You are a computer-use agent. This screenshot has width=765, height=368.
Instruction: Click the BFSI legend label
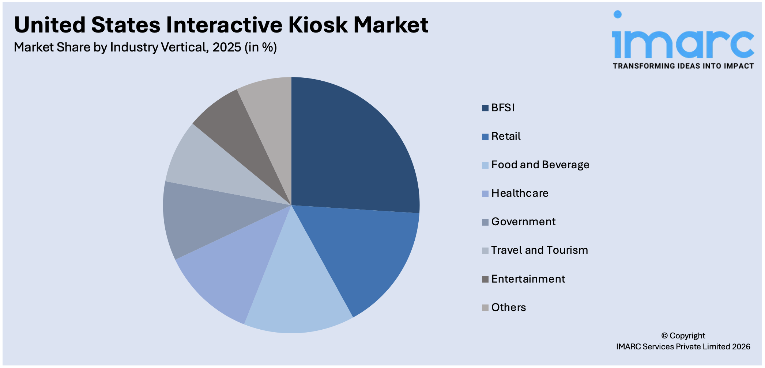(x=503, y=108)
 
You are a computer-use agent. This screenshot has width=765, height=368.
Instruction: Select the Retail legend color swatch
(x=485, y=137)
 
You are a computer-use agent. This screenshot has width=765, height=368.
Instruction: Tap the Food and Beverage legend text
(x=540, y=165)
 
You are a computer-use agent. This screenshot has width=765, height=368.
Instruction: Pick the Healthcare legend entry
(x=520, y=193)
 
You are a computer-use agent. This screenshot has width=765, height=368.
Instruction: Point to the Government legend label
(x=523, y=222)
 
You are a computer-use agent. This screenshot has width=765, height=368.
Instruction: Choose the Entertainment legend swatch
(x=485, y=279)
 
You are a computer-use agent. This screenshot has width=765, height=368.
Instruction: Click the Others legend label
(x=508, y=307)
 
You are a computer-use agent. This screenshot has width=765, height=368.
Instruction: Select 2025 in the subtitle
(x=227, y=47)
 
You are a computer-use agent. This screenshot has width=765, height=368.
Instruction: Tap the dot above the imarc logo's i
(x=618, y=15)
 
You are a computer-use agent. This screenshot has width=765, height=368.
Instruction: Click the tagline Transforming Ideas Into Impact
(x=683, y=66)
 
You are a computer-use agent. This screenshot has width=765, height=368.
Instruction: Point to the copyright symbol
(x=664, y=336)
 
